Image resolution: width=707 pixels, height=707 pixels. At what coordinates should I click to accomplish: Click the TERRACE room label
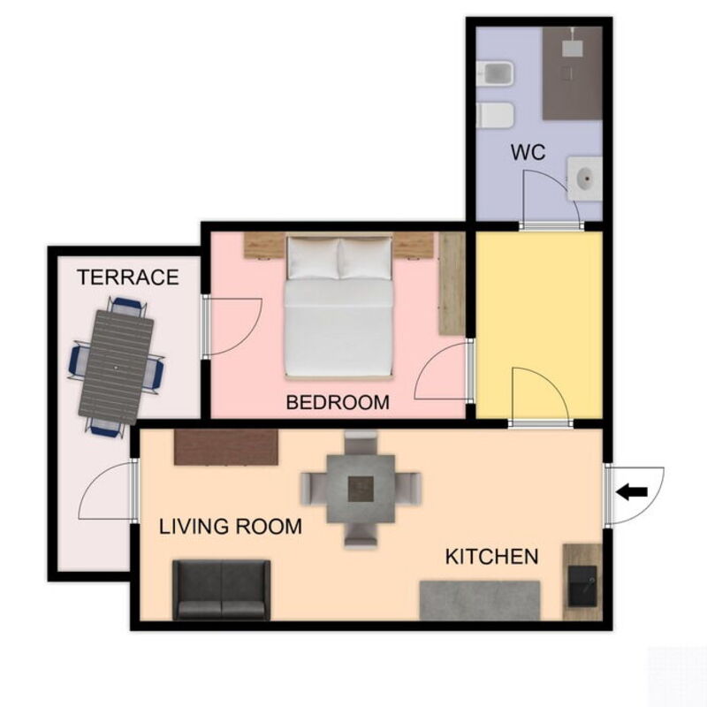coord(128,277)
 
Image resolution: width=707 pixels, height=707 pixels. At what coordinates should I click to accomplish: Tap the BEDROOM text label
coord(338,402)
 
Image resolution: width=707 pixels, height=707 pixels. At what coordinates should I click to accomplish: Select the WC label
coord(528,152)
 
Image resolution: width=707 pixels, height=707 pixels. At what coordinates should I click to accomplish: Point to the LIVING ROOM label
coord(231,526)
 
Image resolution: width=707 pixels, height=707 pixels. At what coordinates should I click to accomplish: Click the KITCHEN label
coord(492,557)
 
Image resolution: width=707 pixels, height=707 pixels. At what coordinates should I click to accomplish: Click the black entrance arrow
coord(632,492)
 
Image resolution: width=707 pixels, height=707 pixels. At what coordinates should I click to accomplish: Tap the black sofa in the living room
coord(222,589)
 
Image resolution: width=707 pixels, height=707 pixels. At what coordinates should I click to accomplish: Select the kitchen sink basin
coord(582,586)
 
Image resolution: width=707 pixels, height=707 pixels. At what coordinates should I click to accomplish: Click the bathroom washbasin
coord(585,178)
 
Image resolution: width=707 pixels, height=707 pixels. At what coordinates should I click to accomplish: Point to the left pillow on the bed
coord(313,258)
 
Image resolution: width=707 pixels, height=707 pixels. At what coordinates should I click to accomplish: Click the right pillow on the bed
coord(365,258)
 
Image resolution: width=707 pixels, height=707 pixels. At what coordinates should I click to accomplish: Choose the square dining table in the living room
coord(361,489)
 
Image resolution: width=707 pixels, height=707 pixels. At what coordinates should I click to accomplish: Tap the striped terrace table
coord(117,367)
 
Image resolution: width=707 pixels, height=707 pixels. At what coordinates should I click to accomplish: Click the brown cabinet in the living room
coord(226,447)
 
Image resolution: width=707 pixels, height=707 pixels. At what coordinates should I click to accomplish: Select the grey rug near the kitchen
coord(480,601)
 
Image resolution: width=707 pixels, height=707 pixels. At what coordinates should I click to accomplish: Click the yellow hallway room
coord(539,324)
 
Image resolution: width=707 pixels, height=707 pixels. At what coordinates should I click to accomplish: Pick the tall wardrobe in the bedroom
coord(452,284)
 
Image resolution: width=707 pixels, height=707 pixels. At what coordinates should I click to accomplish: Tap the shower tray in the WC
coord(572,73)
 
